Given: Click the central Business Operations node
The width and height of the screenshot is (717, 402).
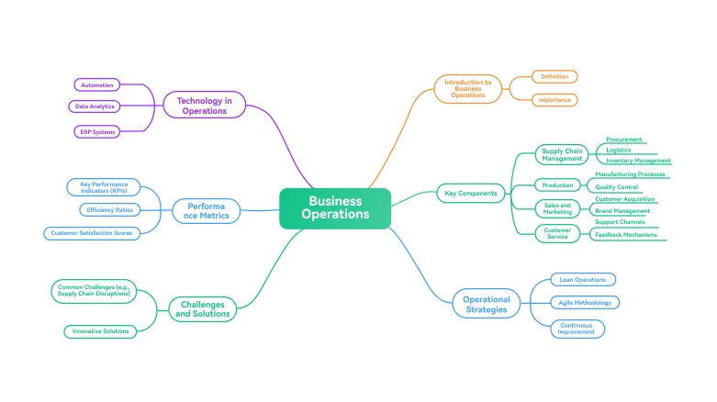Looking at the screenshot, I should point(335,207).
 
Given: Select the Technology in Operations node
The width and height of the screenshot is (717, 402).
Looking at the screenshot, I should point(204,106).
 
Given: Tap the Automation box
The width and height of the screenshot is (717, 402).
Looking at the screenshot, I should point(97,85).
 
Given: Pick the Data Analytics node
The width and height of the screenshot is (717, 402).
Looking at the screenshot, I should point(95,106).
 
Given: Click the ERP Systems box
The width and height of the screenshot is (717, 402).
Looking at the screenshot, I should point(96,132).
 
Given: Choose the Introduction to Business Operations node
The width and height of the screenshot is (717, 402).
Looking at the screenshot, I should point(467,88).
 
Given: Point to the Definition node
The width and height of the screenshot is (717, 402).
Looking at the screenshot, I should point(555,77).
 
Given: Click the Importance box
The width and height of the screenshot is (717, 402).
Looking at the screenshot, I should point(555,100).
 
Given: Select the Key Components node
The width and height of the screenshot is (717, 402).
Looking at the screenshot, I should point(471,194).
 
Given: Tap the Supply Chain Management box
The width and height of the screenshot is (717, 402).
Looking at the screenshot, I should point(562,154).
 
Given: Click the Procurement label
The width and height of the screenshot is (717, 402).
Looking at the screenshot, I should point(623,140).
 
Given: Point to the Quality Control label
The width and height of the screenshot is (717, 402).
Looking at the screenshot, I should point(616,186).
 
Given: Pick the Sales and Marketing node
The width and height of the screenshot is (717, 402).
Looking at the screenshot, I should point(557,208).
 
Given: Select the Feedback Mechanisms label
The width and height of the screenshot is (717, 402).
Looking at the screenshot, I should point(625,235).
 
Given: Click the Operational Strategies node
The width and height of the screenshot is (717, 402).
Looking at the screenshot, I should point(486,305).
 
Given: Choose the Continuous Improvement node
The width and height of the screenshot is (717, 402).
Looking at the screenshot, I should point(577,328).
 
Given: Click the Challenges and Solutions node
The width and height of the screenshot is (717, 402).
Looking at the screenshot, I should point(203,308).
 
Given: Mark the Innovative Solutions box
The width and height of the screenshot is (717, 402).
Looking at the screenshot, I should point(100,330).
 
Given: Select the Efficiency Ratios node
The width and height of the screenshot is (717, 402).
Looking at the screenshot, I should point(110,210).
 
